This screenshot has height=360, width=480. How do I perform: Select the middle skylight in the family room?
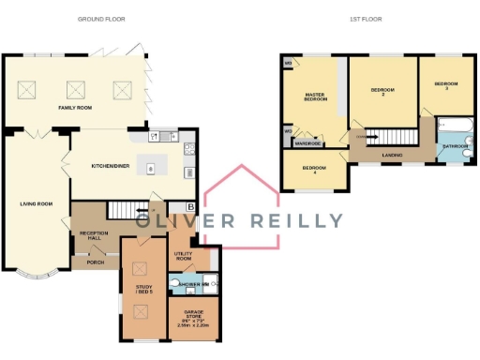74,90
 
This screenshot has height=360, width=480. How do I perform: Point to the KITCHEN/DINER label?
110,165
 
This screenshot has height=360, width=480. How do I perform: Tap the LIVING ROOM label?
36,202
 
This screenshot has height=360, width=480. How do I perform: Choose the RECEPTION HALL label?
94,234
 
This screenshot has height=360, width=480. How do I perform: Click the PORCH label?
95,262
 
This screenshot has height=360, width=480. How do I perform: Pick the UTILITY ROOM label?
184,255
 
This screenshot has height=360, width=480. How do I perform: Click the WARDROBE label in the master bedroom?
308,143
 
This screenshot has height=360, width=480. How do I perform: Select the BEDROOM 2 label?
382,91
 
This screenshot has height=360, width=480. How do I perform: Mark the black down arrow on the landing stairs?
360,135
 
